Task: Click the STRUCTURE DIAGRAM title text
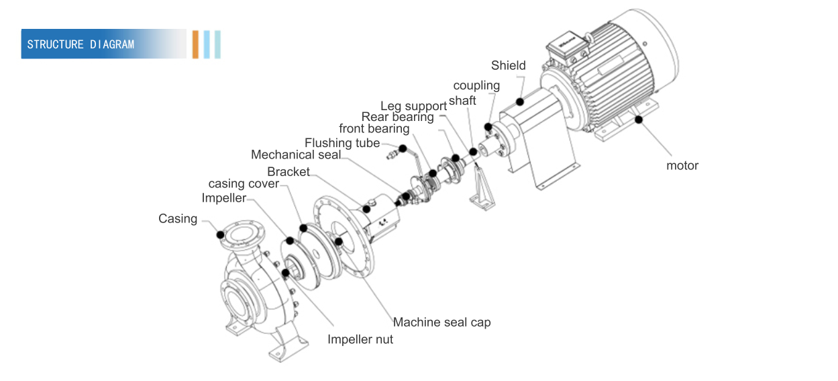[x=81, y=44]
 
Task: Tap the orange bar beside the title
[x=195, y=44]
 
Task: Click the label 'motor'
[x=682, y=165]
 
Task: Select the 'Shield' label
[x=508, y=65]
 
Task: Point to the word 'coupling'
[x=476, y=85]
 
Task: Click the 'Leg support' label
[x=413, y=106]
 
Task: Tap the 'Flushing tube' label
[x=342, y=142]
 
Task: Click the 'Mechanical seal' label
[x=295, y=155]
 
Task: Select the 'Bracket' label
[x=289, y=171]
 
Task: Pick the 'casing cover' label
[x=244, y=183]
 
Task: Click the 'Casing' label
[x=178, y=218]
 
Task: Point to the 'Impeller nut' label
[x=360, y=339]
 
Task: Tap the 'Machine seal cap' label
[x=441, y=322]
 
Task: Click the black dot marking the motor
[x=638, y=120]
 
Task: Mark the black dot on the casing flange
[x=219, y=234]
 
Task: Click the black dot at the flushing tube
[x=403, y=148]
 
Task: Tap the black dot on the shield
[x=519, y=101]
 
